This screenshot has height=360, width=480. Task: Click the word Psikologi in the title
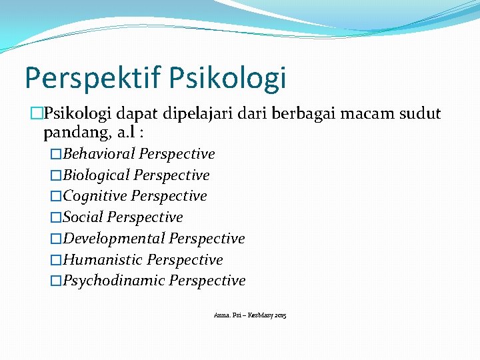(228, 78)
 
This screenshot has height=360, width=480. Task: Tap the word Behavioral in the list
(99, 154)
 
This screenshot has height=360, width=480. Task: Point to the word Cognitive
(95, 197)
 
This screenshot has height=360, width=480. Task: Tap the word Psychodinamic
(114, 281)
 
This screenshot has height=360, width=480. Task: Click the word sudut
(423, 114)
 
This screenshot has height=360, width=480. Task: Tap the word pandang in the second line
(71, 133)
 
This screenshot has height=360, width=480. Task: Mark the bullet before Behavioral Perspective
(56, 155)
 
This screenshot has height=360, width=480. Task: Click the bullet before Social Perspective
(56, 218)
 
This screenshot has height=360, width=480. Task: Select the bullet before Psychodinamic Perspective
(56, 281)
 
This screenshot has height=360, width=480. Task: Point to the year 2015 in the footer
(280, 314)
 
